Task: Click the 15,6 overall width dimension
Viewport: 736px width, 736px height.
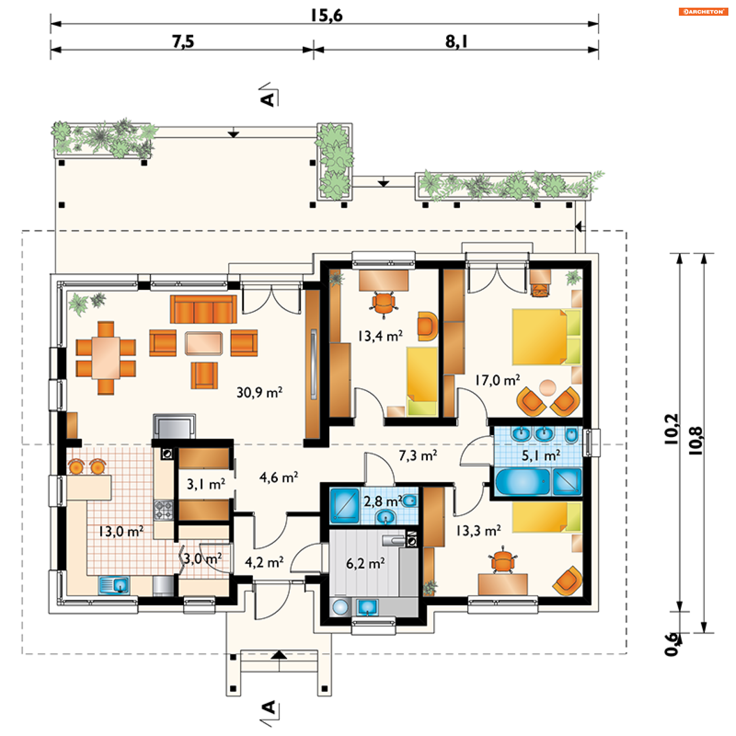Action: [326, 16]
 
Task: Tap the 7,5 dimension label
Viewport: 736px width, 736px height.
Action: [183, 41]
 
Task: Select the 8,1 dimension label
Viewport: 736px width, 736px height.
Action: [456, 41]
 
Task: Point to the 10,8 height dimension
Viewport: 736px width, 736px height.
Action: [696, 441]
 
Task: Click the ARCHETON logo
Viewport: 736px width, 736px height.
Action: [703, 11]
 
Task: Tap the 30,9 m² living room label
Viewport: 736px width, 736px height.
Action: [260, 393]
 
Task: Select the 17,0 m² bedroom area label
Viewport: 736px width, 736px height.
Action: [498, 380]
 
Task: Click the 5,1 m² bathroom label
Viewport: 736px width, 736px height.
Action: [541, 455]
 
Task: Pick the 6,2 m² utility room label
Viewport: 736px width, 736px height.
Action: [365, 564]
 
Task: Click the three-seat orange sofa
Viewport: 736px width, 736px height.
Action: [203, 309]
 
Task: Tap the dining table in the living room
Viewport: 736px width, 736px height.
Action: [105, 358]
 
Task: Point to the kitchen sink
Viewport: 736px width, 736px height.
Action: [114, 585]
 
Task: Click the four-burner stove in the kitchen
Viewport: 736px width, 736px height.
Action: [164, 510]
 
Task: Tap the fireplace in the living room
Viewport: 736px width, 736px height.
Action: [174, 426]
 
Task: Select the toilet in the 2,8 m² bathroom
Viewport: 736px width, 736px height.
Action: [409, 501]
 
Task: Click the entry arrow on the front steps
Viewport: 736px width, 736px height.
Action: [279, 655]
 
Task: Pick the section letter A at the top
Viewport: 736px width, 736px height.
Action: [268, 99]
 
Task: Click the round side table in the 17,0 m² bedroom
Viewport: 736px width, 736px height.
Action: [548, 388]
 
